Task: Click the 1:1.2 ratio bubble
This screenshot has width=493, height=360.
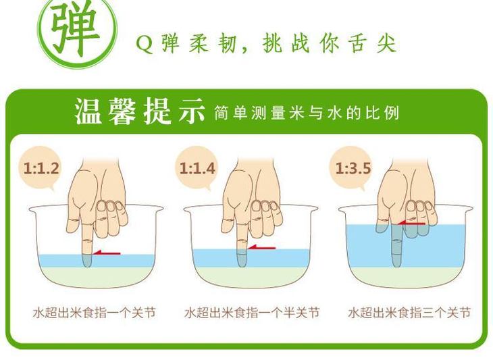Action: [40, 169]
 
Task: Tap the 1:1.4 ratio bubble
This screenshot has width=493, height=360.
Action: [196, 169]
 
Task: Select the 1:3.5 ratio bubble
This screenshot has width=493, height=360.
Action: [351, 169]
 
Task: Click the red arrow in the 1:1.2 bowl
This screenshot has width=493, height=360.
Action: [107, 253]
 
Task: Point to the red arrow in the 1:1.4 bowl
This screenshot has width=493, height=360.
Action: [261, 247]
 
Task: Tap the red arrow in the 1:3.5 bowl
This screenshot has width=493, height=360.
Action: [411, 224]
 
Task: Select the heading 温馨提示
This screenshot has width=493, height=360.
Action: [140, 111]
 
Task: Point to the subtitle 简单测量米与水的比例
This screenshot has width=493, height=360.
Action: [307, 113]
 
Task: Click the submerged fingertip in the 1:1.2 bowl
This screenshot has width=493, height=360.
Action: [86, 261]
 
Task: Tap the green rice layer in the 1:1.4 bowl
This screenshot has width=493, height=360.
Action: [251, 276]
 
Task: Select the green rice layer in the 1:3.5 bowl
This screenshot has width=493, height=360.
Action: [406, 276]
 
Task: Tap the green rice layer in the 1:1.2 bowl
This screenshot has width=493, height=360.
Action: [96, 276]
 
